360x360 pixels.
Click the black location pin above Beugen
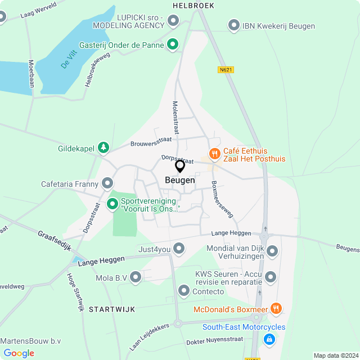(x=180, y=166)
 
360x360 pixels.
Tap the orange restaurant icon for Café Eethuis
(x=214, y=153)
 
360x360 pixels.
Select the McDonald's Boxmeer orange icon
(x=275, y=308)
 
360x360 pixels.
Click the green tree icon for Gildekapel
(x=103, y=148)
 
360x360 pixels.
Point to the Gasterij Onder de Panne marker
(x=173, y=44)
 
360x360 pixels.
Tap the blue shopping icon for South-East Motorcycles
(x=269, y=339)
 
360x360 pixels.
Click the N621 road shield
(x=226, y=70)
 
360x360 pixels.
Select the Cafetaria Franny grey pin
(x=107, y=183)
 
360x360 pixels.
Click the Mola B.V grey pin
(x=136, y=277)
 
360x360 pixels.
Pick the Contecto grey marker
(x=183, y=290)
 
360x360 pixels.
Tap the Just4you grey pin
(x=179, y=247)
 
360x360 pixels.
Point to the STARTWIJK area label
(x=111, y=309)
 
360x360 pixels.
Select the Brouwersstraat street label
(x=150, y=144)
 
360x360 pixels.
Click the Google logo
(x=19, y=353)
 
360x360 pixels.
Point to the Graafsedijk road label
(x=55, y=241)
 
